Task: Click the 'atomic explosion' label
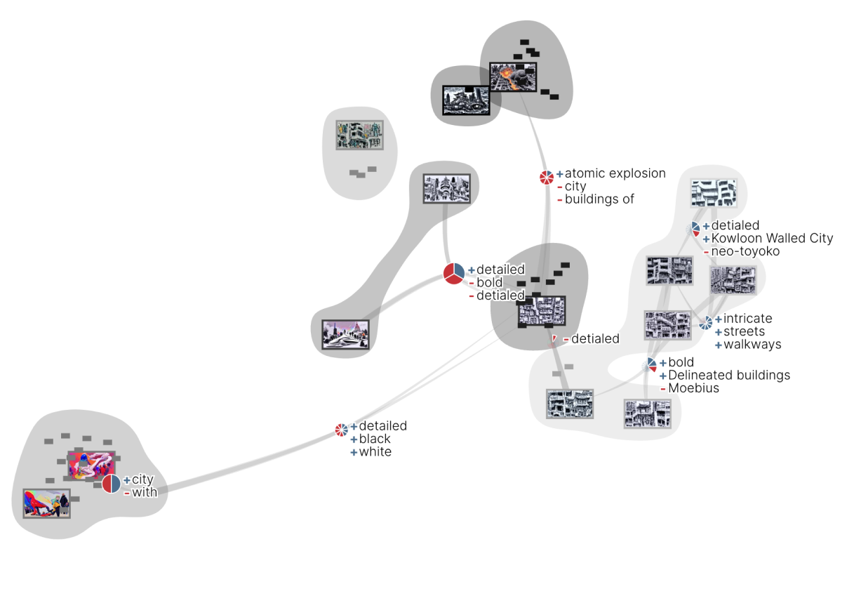pyautogui.click(x=615, y=173)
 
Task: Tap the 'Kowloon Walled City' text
pyautogui.click(x=772, y=239)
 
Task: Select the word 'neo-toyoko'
pyautogui.click(x=745, y=251)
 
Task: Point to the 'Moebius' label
pyautogui.click(x=693, y=388)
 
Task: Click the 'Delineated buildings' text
pyautogui.click(x=729, y=376)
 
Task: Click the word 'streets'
pyautogui.click(x=744, y=331)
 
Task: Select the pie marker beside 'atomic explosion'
pyautogui.click(x=547, y=178)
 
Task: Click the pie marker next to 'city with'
pyautogui.click(x=112, y=484)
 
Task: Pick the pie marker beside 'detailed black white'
pyautogui.click(x=342, y=430)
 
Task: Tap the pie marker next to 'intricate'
pyautogui.click(x=705, y=324)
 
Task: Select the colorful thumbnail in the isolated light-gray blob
pyautogui.click(x=360, y=135)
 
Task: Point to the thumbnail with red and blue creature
pyautogui.click(x=46, y=503)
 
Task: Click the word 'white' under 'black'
pyautogui.click(x=375, y=452)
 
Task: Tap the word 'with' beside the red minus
pyautogui.click(x=145, y=493)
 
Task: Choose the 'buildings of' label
pyautogui.click(x=599, y=199)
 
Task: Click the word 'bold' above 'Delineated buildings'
pyautogui.click(x=681, y=363)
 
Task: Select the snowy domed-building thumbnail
pyautogui.click(x=340, y=334)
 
